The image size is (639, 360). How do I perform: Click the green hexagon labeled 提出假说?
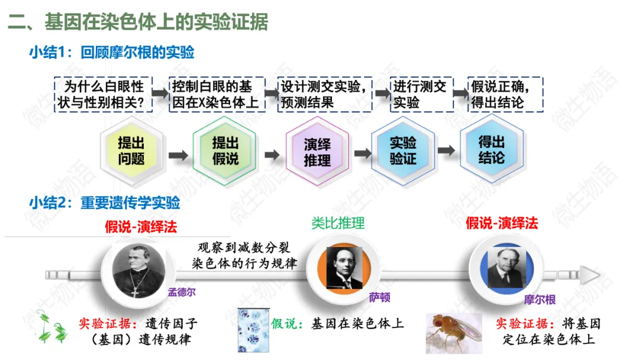point(225,152)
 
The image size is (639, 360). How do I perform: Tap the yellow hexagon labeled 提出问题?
point(131,152)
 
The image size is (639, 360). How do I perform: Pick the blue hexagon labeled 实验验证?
point(403,152)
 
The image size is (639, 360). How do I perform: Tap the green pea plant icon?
point(51,327)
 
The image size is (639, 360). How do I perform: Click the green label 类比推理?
point(338,223)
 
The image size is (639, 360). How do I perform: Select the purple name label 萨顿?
point(379,298)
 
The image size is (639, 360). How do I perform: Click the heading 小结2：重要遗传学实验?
point(105,204)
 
